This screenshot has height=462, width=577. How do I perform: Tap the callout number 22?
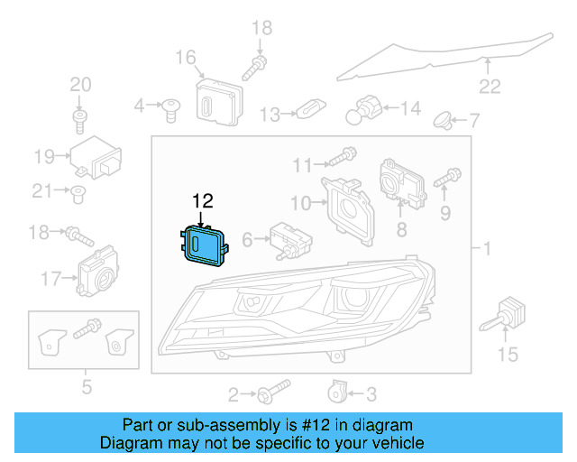click(x=489, y=87)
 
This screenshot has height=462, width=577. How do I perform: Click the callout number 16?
click(x=186, y=59)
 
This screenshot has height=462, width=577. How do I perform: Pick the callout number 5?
click(x=87, y=388)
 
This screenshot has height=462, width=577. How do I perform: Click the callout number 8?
click(x=400, y=230)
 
